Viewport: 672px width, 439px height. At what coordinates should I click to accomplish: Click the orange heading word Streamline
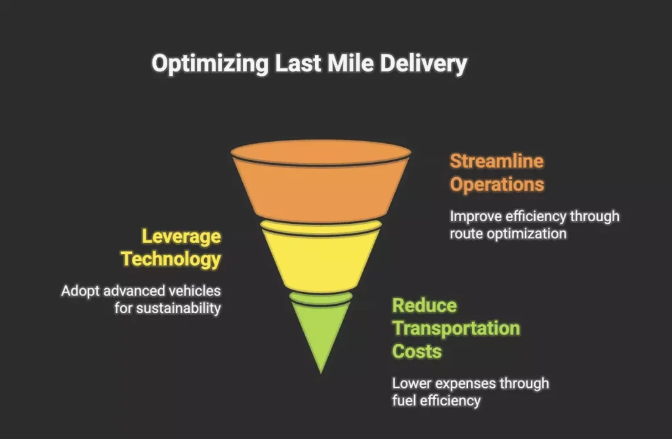[x=497, y=161]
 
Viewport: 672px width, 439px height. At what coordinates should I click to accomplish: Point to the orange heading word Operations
[x=497, y=184]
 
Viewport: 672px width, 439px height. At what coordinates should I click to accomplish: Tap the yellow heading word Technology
[x=171, y=259]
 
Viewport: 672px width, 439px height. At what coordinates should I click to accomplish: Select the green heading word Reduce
[x=424, y=306]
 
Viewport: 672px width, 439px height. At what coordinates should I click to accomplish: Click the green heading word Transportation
[x=455, y=328]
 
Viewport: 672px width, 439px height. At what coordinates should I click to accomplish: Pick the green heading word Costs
[x=417, y=351]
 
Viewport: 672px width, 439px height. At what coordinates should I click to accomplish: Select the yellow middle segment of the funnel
[x=320, y=256]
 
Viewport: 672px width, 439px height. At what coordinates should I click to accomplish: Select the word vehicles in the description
[x=193, y=290]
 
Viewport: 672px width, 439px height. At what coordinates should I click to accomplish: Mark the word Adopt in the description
[x=77, y=290]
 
